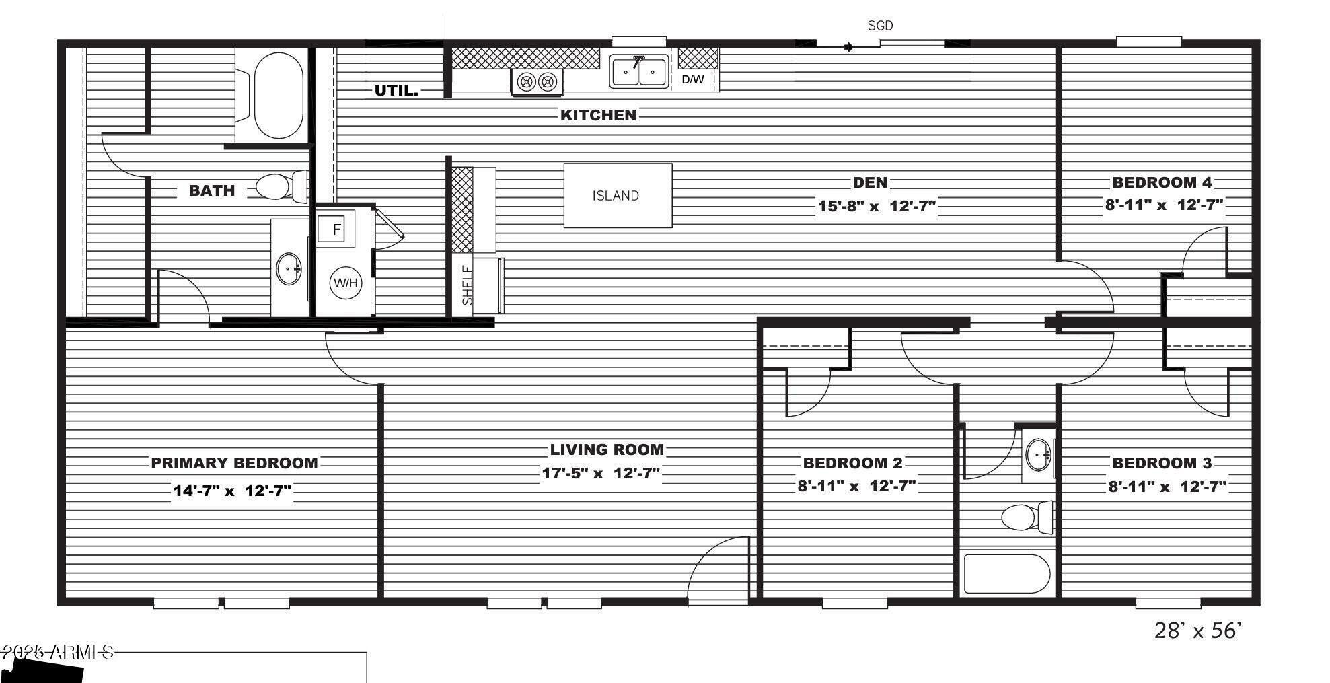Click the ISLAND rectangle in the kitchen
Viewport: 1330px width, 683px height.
click(617, 196)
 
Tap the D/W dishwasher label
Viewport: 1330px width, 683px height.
click(693, 79)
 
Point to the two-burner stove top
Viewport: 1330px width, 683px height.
click(537, 82)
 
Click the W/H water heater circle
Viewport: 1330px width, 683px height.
click(345, 283)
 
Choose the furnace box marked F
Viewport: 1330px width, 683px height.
click(335, 229)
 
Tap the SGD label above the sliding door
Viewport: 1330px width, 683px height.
click(880, 26)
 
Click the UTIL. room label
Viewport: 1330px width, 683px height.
click(396, 90)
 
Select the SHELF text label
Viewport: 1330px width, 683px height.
click(468, 285)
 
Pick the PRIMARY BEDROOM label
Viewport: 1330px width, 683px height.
click(234, 463)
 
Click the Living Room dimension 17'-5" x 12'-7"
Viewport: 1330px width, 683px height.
click(601, 473)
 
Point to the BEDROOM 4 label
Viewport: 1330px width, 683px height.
click(1162, 182)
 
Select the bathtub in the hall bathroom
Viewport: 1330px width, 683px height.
click(1006, 573)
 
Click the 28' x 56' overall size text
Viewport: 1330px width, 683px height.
click(1197, 631)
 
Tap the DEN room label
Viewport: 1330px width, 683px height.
click(870, 182)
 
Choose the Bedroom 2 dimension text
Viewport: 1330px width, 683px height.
click(856, 486)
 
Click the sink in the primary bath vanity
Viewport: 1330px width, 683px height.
click(289, 269)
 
